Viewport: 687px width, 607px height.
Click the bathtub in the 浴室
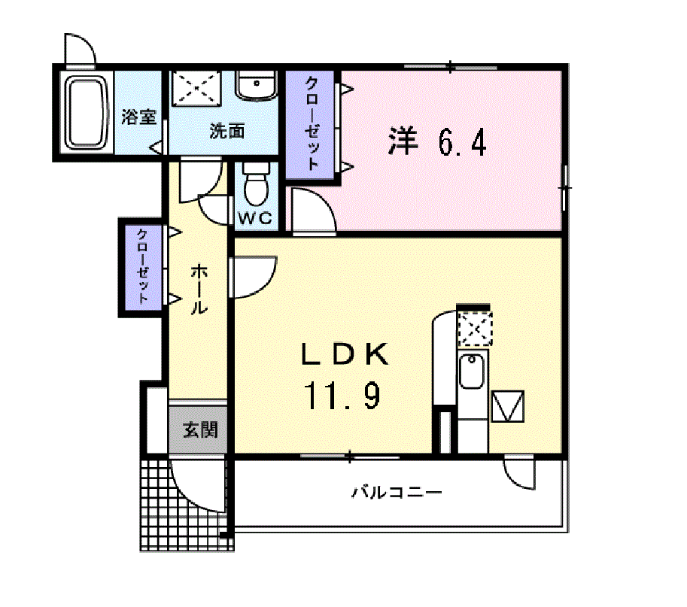click(87, 114)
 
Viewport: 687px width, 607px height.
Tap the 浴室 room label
click(139, 117)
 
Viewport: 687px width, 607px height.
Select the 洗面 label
click(226, 131)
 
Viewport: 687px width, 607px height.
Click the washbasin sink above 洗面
click(257, 86)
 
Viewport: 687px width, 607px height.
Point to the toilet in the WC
click(257, 184)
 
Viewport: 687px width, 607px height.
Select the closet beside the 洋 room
click(310, 124)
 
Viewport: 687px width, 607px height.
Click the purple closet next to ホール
click(143, 268)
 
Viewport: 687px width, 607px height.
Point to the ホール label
click(199, 289)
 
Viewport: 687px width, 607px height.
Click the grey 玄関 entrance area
click(198, 429)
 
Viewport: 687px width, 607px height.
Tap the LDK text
click(345, 354)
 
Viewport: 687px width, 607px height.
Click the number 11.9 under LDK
click(342, 395)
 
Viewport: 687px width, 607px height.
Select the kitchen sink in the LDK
click(472, 371)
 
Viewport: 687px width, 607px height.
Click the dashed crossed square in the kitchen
click(475, 329)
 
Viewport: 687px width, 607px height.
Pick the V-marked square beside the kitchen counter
click(508, 406)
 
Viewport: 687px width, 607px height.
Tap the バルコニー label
click(397, 492)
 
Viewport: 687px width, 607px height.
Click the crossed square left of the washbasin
click(196, 88)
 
